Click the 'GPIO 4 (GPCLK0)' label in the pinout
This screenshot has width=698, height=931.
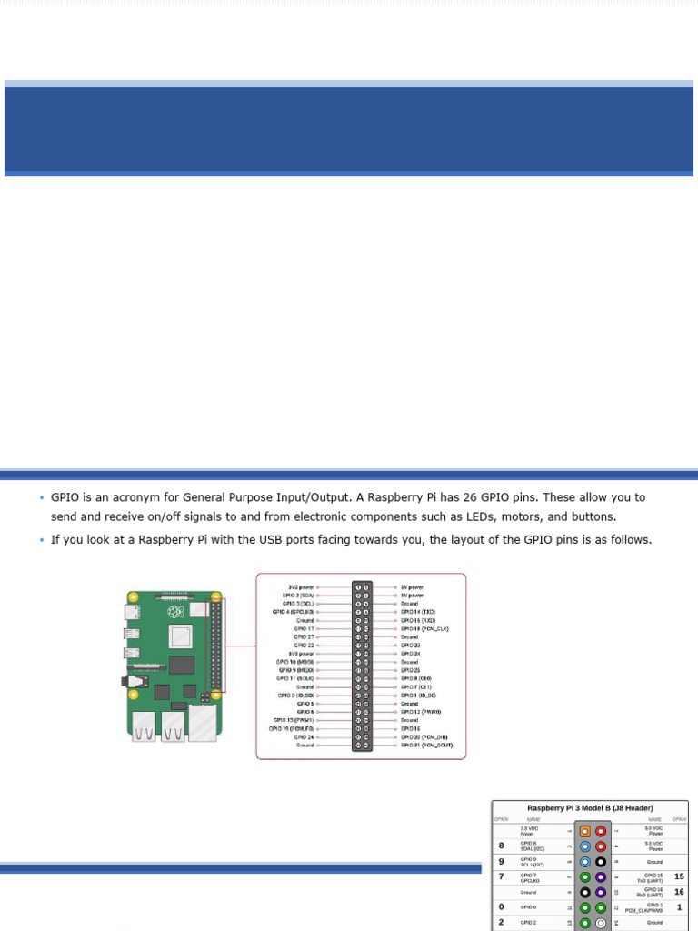point(294,612)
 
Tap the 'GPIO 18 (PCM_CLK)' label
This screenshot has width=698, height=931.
point(424,628)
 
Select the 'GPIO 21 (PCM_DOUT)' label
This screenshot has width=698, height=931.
point(426,746)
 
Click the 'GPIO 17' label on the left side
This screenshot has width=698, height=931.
point(304,628)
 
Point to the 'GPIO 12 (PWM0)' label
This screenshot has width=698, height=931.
point(421,712)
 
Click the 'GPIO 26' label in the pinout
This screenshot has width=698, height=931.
point(304,737)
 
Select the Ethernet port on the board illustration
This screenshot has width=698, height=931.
point(203,724)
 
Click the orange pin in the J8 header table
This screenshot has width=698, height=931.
point(585,831)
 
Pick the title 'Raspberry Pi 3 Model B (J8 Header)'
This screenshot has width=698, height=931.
point(591,808)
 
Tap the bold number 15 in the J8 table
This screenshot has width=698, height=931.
point(679,876)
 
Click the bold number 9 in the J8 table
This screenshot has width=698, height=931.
point(501,861)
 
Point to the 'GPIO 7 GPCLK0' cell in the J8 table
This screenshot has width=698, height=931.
point(529,877)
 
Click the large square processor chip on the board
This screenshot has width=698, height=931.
point(181,636)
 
